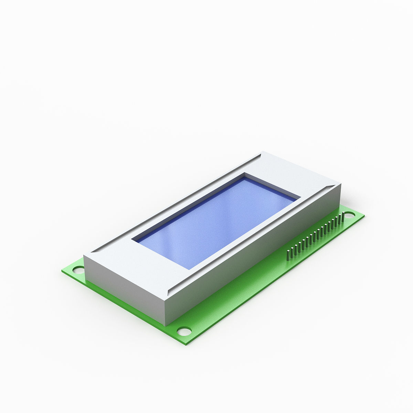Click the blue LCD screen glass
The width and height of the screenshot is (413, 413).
pos(217,220)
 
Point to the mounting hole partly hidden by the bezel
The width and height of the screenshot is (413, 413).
pos(78,269)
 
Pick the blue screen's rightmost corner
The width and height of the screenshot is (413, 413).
pos(300,199)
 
